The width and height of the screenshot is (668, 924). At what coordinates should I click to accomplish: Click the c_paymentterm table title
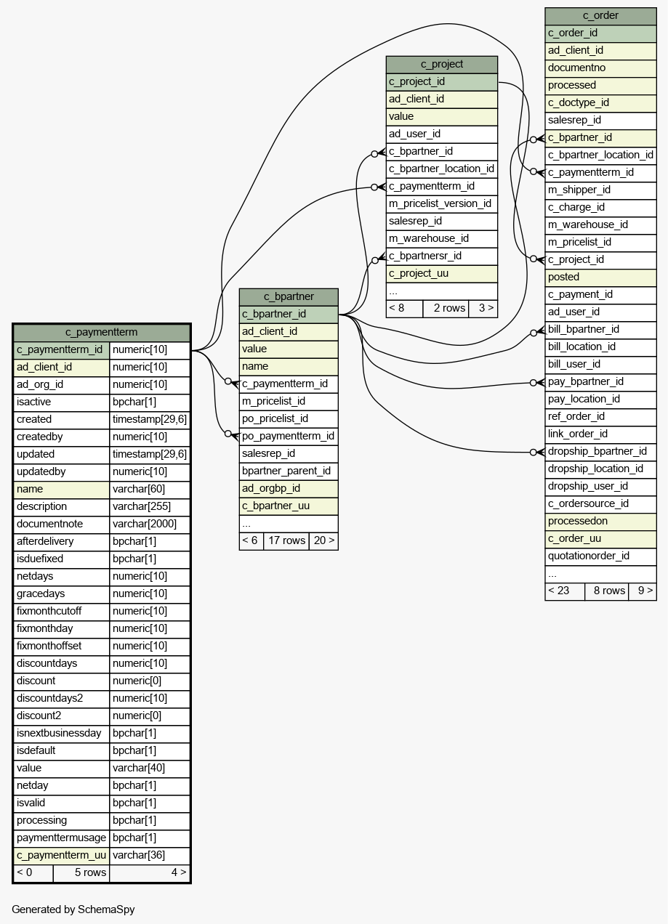pyautogui.click(x=102, y=332)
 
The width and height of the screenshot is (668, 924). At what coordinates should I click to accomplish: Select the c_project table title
pyautogui.click(x=442, y=64)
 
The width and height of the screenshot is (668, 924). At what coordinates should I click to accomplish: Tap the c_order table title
pyautogui.click(x=600, y=15)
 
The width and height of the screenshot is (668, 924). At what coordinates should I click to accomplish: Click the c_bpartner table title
pyautogui.click(x=289, y=296)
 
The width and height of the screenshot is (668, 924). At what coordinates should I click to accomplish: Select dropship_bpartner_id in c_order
pyautogui.click(x=597, y=451)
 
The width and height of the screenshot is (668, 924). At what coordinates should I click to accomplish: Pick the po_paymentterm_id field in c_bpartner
pyautogui.click(x=288, y=436)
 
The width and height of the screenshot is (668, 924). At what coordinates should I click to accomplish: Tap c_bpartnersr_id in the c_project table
pyautogui.click(x=425, y=256)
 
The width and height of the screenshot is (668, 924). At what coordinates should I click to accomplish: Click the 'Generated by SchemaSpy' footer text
pyautogui.click(x=73, y=909)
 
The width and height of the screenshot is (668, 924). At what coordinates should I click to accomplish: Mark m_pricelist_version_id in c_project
pyautogui.click(x=440, y=203)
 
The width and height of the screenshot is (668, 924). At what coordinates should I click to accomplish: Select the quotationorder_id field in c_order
pyautogui.click(x=588, y=556)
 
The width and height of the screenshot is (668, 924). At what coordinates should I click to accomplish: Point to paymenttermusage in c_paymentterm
pyautogui.click(x=61, y=838)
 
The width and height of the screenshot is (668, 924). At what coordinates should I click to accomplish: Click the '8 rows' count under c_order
pyautogui.click(x=609, y=591)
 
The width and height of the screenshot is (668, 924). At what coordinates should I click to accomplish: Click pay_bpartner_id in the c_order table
pyautogui.click(x=585, y=381)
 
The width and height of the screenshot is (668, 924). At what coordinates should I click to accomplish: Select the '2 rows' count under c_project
pyautogui.click(x=449, y=308)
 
